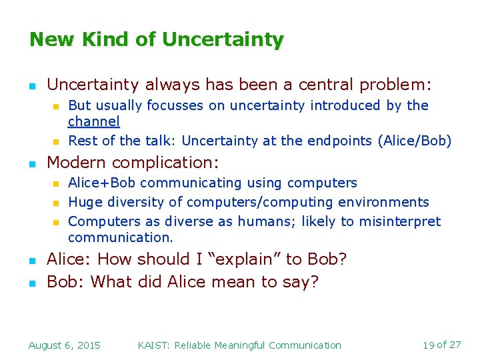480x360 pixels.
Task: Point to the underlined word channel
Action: click(x=94, y=121)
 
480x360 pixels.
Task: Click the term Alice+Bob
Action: click(x=103, y=183)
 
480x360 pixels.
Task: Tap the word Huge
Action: click(x=84, y=202)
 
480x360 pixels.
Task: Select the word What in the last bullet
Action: click(x=111, y=282)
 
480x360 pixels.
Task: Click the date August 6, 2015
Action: click(x=65, y=345)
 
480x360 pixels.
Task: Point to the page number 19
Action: click(x=429, y=345)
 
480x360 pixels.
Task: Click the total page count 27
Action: click(x=455, y=345)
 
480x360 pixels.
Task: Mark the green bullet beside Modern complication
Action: click(x=32, y=163)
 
